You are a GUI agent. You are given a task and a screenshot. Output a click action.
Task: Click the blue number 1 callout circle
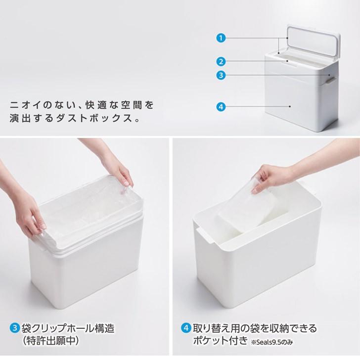[x=221, y=38]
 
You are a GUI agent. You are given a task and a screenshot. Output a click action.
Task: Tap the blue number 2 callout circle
[x=221, y=61]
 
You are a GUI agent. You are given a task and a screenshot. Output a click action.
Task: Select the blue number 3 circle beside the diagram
[x=221, y=75]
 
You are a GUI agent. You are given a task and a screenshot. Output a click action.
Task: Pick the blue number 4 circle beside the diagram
[x=221, y=107]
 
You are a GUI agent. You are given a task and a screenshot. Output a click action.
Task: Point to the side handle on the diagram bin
[x=330, y=80]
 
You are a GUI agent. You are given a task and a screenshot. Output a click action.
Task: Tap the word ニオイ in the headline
[x=25, y=105]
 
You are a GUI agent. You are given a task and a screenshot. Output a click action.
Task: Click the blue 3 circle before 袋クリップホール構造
[x=15, y=328]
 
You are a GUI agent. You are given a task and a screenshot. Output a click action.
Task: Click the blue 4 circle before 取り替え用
[x=186, y=328]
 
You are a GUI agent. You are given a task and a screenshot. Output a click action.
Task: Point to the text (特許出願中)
[x=51, y=341]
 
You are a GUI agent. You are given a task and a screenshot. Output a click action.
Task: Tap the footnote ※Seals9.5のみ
[x=272, y=342]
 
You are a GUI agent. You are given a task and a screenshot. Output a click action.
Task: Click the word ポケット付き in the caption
[x=221, y=340]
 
